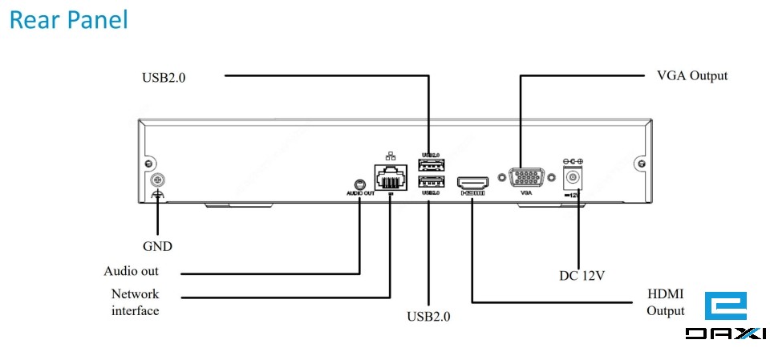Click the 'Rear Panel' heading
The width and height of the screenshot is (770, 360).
(68, 20)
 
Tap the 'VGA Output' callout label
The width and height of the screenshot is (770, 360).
(691, 75)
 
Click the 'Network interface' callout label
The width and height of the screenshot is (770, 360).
(135, 302)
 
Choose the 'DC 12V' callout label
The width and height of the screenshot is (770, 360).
(582, 276)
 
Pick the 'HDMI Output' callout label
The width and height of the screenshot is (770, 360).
(666, 303)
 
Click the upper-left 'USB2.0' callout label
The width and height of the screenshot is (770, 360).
(169, 78)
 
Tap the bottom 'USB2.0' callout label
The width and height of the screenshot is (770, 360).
(428, 316)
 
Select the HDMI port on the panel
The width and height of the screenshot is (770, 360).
(472, 183)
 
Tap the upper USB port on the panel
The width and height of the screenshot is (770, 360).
(431, 167)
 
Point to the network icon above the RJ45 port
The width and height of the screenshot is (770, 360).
(390, 155)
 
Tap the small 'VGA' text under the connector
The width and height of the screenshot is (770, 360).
(526, 193)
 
